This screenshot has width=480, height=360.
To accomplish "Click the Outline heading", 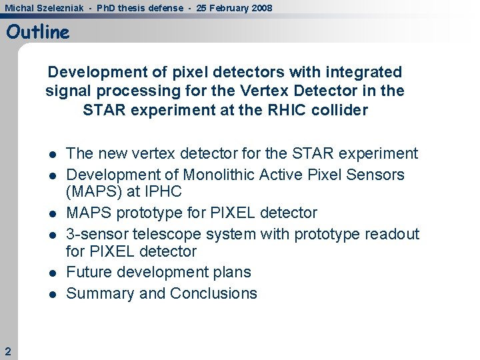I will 38,32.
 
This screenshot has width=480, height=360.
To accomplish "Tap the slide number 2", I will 7,351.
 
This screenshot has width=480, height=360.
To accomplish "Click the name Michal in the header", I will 19,7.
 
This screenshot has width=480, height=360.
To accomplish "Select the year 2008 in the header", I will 261,7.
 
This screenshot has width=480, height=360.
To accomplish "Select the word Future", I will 90,272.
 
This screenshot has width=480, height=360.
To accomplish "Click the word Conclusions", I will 213,293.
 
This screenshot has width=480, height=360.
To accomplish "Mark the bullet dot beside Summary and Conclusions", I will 52,294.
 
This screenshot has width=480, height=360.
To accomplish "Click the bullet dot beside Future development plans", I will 52,273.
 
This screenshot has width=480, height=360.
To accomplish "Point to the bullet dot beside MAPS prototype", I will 52,213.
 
